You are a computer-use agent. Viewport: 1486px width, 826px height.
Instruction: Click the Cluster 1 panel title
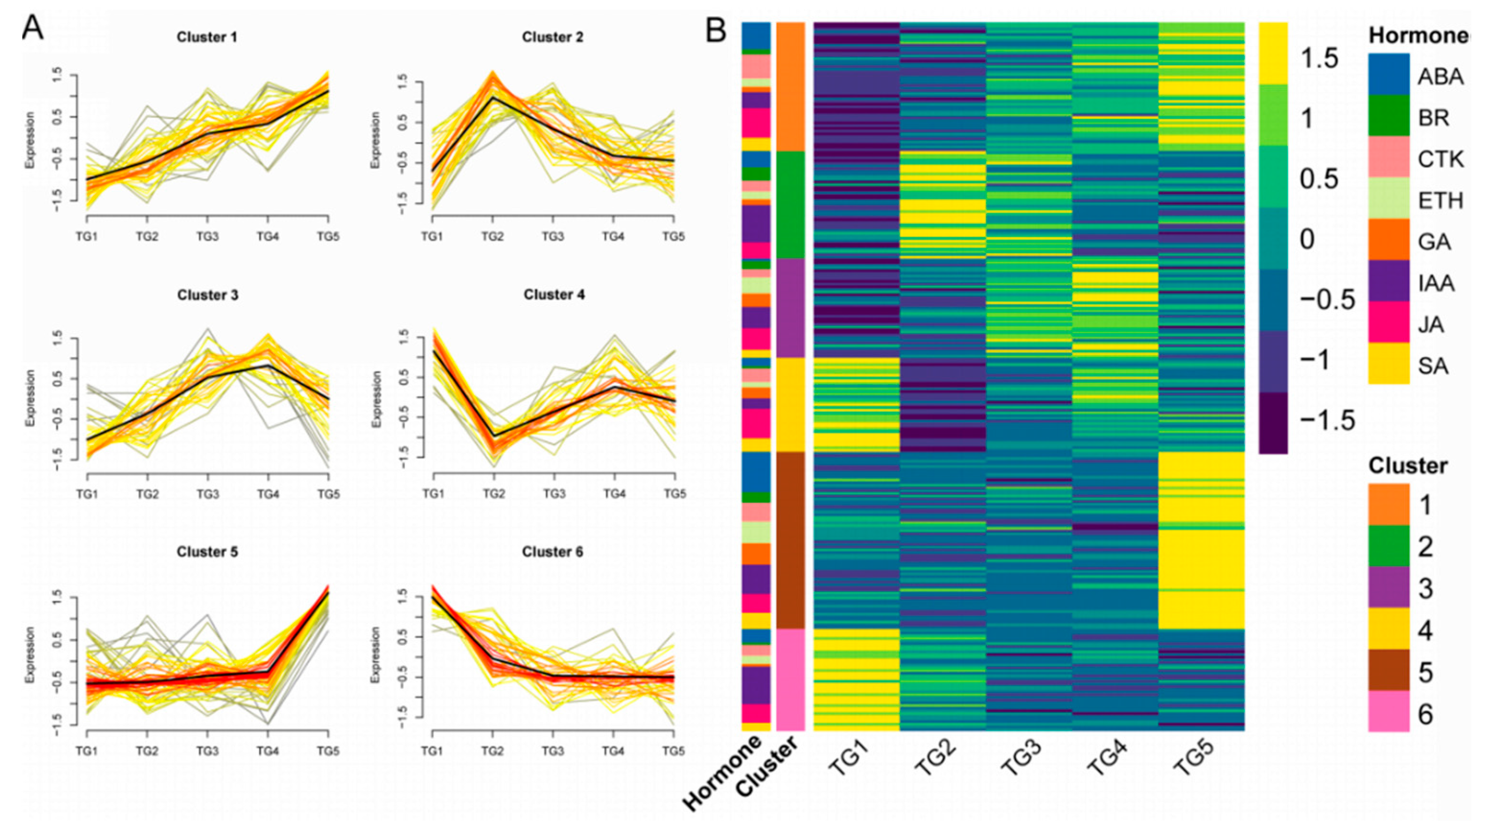(x=207, y=37)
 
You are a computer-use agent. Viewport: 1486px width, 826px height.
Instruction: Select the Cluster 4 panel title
(x=554, y=295)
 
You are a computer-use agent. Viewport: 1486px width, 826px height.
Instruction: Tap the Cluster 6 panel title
(x=553, y=552)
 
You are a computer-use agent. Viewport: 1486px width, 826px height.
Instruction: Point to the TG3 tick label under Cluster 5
(x=208, y=752)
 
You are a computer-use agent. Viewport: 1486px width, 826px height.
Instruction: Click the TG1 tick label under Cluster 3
(x=87, y=494)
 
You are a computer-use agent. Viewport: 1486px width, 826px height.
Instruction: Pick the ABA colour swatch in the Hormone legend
(x=1389, y=74)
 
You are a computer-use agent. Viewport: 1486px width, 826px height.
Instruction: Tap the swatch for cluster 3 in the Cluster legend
(x=1389, y=587)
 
